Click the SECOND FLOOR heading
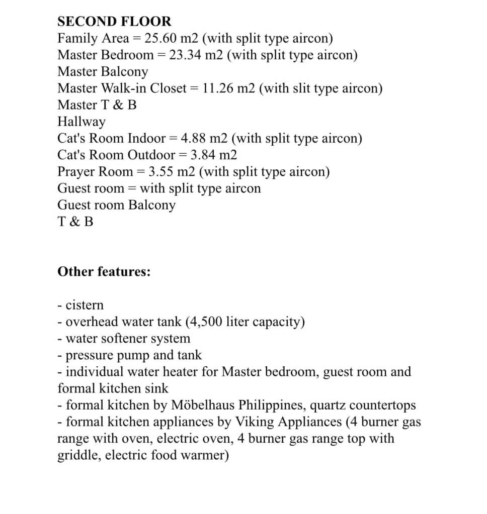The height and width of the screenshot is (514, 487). tap(114, 22)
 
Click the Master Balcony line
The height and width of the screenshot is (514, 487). tap(103, 71)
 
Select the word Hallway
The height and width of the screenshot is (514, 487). tap(82, 122)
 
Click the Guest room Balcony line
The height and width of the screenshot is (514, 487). tap(116, 205)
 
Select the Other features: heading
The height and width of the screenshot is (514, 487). tap(104, 272)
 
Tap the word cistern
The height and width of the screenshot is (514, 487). tap(85, 305)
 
